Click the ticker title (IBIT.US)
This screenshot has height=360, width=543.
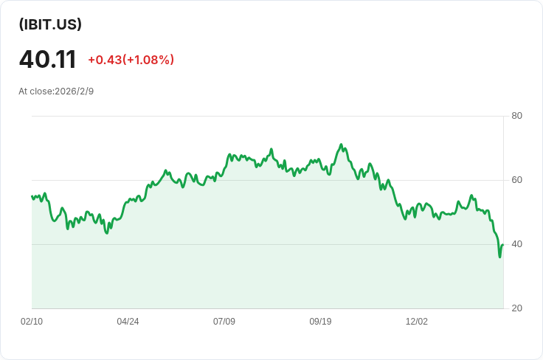point(50,24)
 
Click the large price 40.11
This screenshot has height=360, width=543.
point(47,59)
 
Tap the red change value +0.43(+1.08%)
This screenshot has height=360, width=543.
point(131,60)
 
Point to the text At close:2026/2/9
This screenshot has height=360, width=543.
point(56,91)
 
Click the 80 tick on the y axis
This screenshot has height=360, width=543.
point(516,116)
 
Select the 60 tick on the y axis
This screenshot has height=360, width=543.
point(516,180)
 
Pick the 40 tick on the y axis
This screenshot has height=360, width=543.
point(516,244)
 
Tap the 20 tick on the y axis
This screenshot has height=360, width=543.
point(516,308)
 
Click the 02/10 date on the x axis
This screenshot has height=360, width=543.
point(32,321)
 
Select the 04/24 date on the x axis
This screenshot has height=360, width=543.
point(128,321)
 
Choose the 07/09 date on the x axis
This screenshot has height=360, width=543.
point(224,321)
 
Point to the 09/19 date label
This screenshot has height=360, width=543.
point(320,321)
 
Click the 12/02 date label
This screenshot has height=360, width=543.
point(417,321)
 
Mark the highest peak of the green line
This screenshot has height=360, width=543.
point(341,145)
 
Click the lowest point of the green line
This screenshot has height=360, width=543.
point(499,257)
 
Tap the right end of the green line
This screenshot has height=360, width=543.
point(503,245)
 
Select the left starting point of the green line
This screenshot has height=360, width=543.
point(32,196)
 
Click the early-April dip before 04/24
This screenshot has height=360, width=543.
point(107,233)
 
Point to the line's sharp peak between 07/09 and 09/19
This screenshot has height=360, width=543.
point(271,149)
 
